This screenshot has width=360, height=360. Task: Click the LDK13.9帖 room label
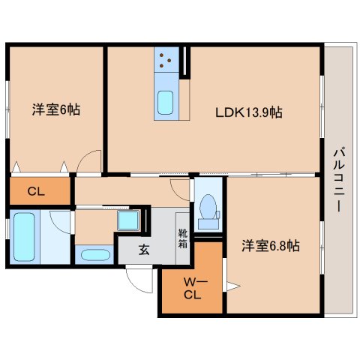click(x=250, y=114)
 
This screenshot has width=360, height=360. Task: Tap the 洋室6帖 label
click(x=55, y=110)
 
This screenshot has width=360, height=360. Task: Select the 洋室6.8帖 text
click(x=271, y=245)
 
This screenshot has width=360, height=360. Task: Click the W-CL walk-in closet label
click(x=192, y=288)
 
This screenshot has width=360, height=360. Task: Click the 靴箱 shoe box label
click(x=182, y=244)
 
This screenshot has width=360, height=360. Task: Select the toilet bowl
click(x=207, y=208)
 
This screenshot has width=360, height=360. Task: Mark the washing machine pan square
click(x=127, y=220)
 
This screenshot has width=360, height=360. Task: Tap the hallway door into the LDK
click(x=180, y=187)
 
